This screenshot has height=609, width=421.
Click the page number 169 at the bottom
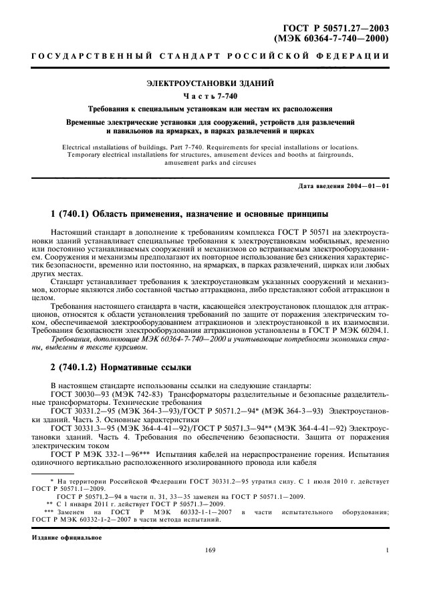[x=210, y=568]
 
